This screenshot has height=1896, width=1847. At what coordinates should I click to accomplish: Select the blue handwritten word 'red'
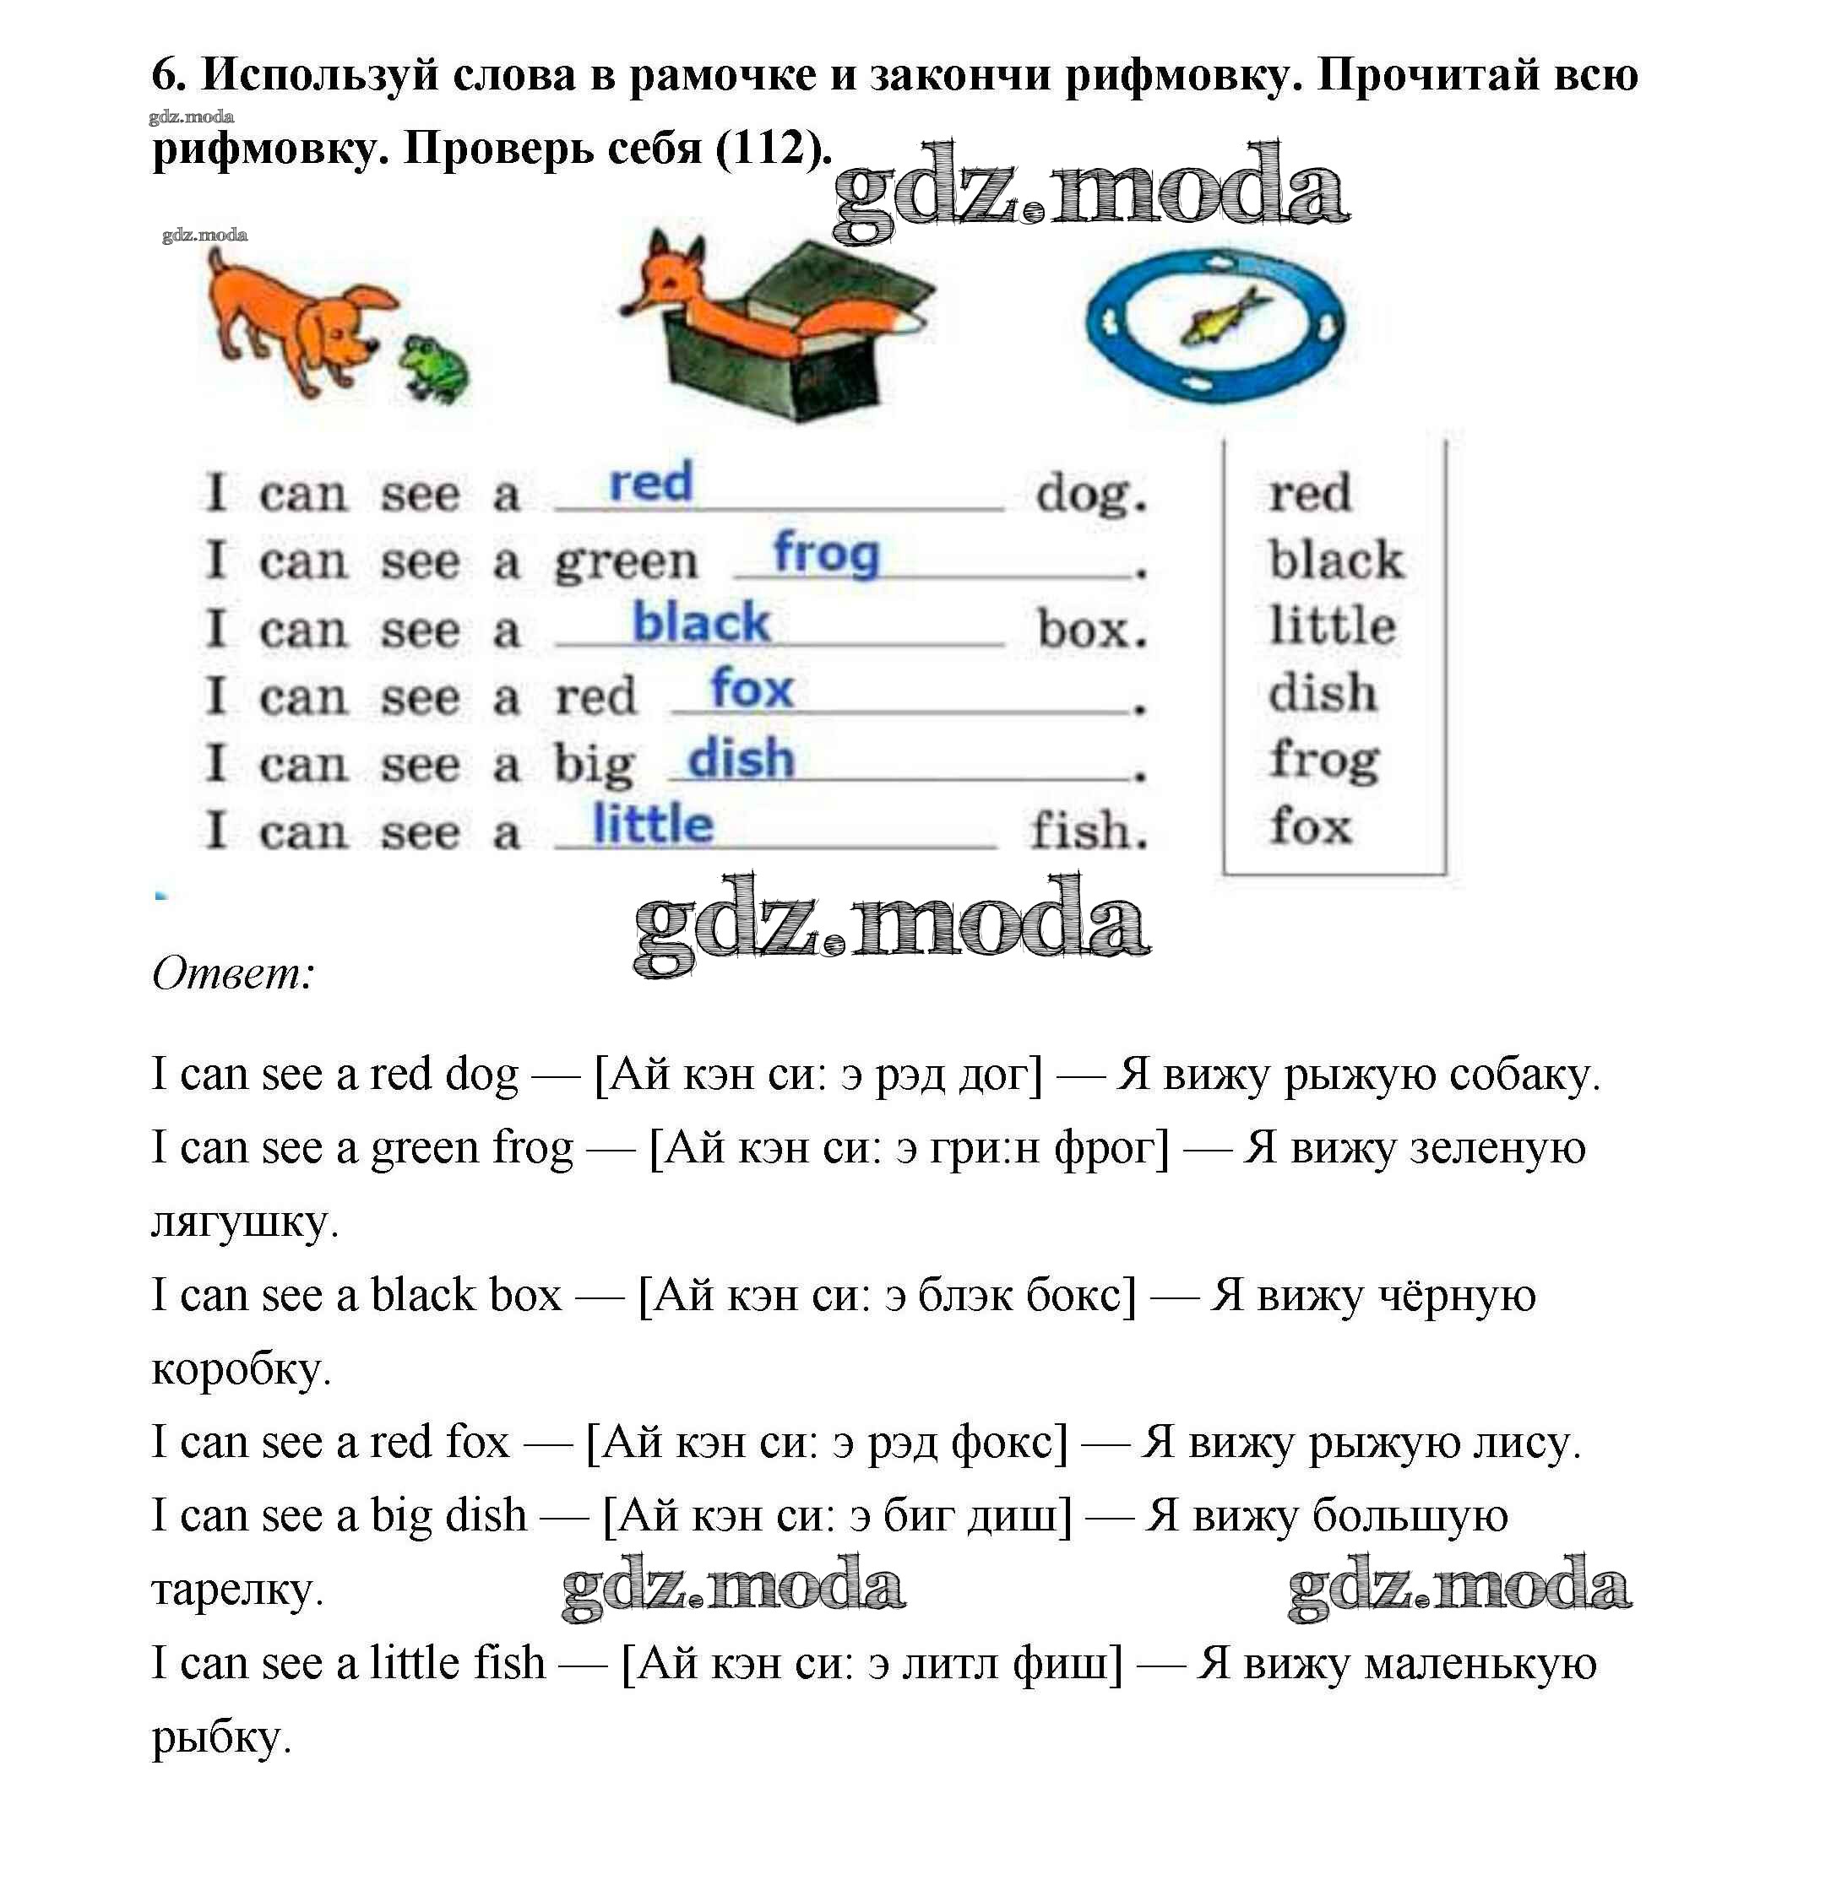650,482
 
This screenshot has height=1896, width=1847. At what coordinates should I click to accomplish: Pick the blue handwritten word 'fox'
752,689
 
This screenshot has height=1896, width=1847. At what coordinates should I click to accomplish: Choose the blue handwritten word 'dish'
740,757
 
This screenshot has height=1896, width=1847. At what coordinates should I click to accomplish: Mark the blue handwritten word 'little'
652,825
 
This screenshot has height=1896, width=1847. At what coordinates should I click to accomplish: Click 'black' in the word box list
1336,560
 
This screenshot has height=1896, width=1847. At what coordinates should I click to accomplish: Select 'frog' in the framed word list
1324,761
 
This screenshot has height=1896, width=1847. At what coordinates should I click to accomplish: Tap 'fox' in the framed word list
1311,826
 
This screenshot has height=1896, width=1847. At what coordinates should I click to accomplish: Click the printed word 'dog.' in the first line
1090,495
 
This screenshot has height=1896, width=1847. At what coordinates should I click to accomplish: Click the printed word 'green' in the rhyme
626,562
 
